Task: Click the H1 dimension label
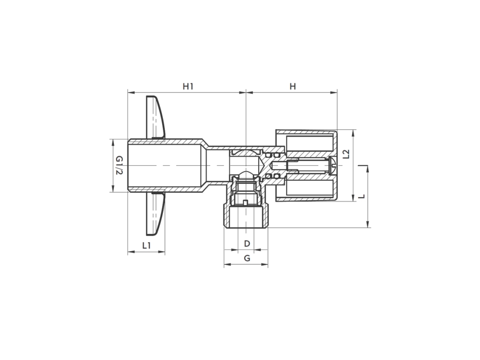[188, 86]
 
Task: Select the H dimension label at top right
[293, 86]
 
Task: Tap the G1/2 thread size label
[120, 165]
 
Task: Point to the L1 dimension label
[147, 245]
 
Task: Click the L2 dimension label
[346, 154]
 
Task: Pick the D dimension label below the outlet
[247, 243]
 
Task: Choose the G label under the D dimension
[247, 258]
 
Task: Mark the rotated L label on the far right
[361, 197]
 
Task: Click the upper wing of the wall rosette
[155, 117]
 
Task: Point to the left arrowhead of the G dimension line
[226, 265]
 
